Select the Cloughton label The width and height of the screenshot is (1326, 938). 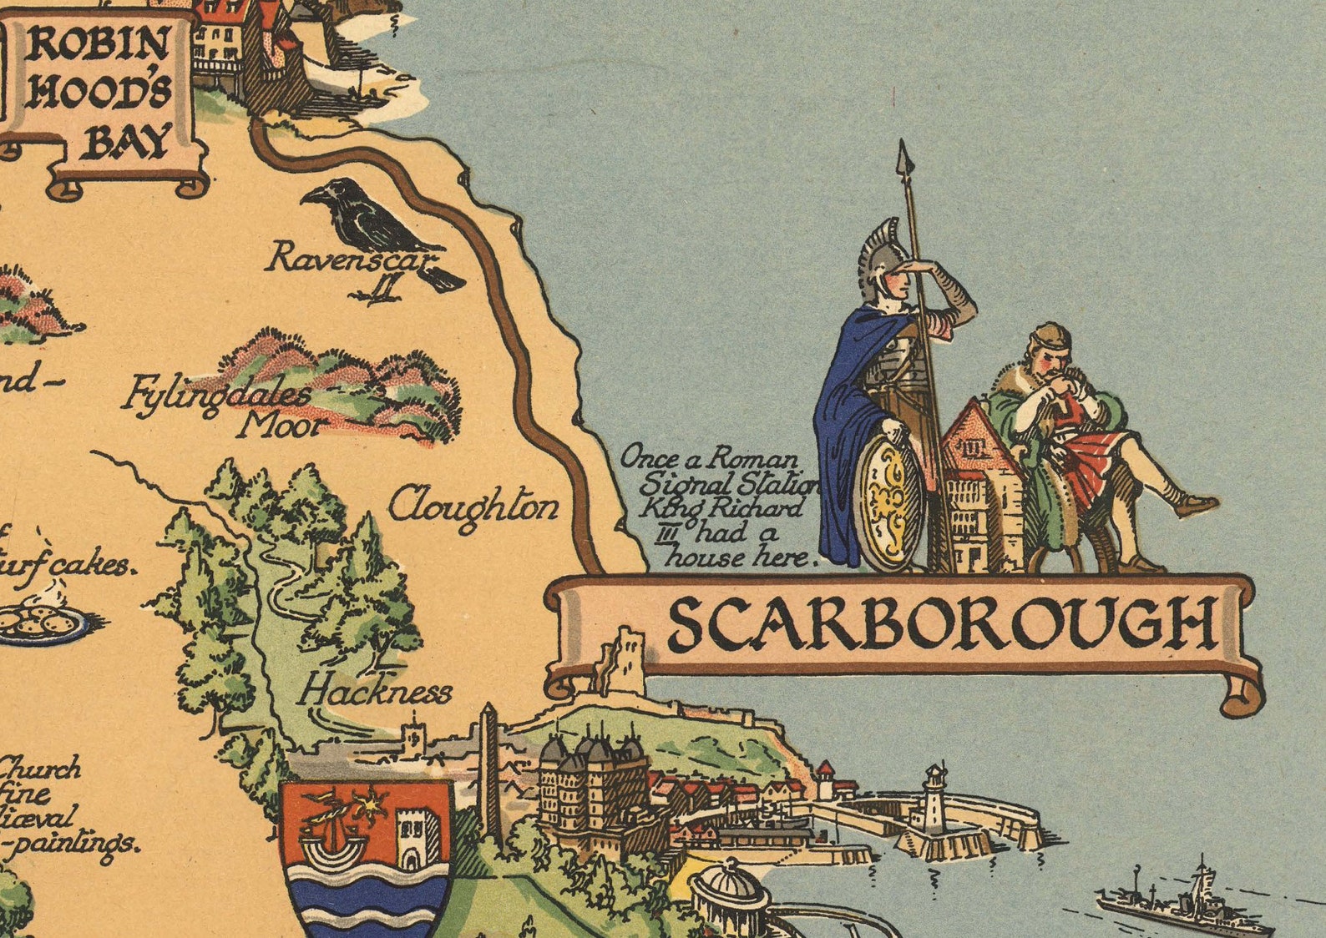coord(473,506)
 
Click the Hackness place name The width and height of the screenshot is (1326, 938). coord(376,692)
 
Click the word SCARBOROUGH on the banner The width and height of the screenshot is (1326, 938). coord(941,624)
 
